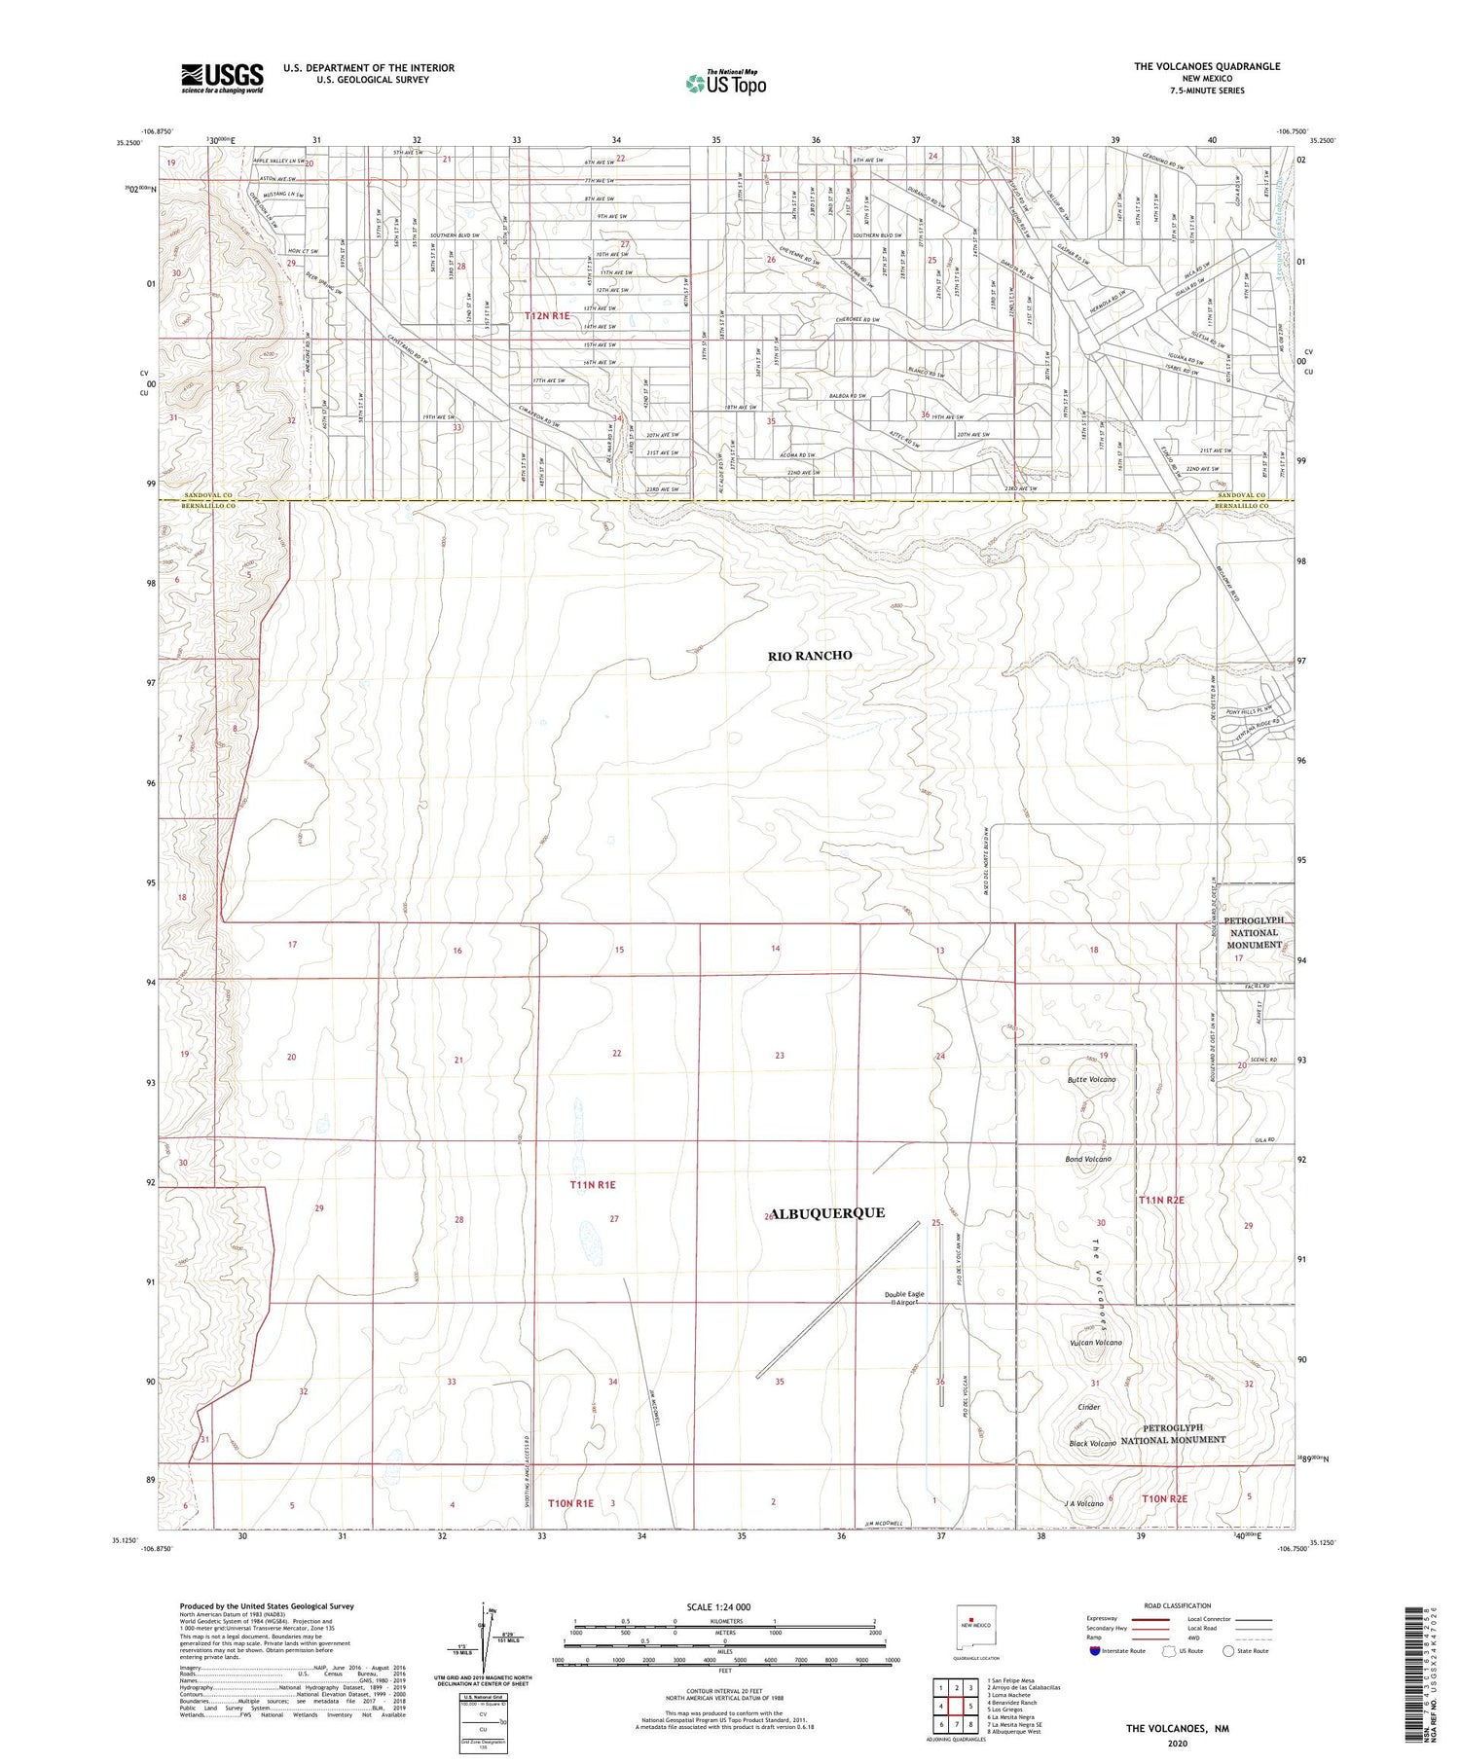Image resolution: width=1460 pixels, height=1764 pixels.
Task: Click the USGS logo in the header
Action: tap(222, 78)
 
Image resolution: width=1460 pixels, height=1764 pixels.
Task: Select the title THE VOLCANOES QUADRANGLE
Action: tap(1207, 66)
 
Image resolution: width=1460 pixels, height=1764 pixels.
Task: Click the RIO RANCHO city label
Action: tap(810, 656)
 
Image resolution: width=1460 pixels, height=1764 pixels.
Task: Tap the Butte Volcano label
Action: tap(1091, 1080)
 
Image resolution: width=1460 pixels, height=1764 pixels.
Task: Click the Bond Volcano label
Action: tap(1088, 1160)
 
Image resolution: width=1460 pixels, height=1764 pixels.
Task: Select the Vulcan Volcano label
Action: tap(1096, 1343)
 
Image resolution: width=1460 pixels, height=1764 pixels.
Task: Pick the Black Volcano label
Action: tap(1092, 1444)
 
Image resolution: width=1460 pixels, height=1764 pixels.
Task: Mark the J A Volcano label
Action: tap(1084, 1504)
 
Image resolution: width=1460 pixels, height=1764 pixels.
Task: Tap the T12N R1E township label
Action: tap(547, 316)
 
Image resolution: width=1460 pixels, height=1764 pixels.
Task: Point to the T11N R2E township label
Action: tap(1161, 1201)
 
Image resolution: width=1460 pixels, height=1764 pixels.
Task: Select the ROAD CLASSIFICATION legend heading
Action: tap(1178, 1605)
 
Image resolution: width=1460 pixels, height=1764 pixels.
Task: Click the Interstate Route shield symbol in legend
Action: tap(1095, 1651)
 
